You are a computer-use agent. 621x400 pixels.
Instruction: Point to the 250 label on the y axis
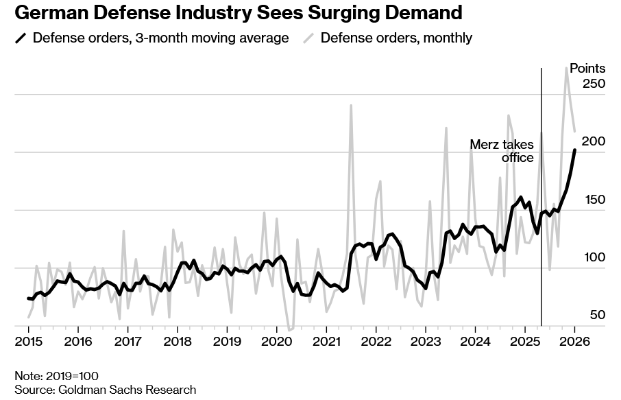pyautogui.click(x=594, y=84)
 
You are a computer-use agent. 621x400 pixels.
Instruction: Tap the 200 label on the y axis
pyautogui.click(x=594, y=141)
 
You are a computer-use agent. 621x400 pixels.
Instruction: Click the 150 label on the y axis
pyautogui.click(x=594, y=200)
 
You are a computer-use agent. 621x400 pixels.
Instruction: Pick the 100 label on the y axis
pyautogui.click(x=594, y=257)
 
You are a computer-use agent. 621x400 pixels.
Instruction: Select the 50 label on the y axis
pyautogui.click(x=596, y=315)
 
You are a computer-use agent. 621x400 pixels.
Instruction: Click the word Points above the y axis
pyautogui.click(x=587, y=68)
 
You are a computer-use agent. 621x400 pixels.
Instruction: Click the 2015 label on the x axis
pyautogui.click(x=28, y=341)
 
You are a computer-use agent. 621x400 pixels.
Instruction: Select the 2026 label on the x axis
pyautogui.click(x=574, y=341)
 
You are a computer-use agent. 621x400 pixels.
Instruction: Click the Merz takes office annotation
pyautogui.click(x=502, y=151)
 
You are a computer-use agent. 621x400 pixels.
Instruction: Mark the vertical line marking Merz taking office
pyautogui.click(x=541, y=206)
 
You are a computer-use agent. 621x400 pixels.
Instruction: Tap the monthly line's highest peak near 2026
pyautogui.click(x=567, y=67)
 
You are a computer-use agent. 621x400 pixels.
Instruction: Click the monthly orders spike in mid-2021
pyautogui.click(x=351, y=106)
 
